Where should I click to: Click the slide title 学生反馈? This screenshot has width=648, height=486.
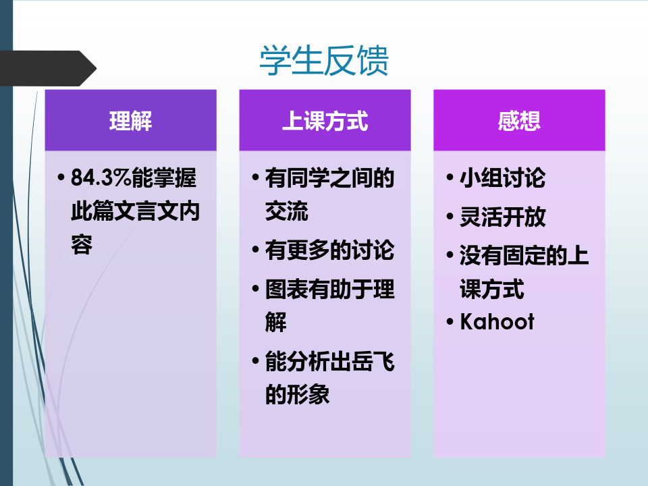pos(324,61)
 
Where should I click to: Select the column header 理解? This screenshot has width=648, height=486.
pos(130,121)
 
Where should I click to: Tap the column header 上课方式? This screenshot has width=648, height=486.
pos(325,121)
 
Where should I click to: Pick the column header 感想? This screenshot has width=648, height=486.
pos(519,121)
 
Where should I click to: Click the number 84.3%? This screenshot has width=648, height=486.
pos(101,178)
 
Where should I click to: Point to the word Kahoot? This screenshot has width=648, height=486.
pos(497,321)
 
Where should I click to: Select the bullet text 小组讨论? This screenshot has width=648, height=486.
pos(502,178)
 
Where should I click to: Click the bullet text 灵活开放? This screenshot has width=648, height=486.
pos(502,217)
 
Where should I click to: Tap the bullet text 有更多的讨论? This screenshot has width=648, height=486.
pos(330,250)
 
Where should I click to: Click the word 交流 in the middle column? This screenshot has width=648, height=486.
pos(286,211)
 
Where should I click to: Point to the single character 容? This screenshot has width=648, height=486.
pos(82,244)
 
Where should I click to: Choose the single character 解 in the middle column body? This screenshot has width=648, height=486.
pos(275,322)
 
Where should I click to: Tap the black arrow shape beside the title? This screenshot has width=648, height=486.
pos(48,68)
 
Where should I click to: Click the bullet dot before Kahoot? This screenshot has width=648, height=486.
pos(450,322)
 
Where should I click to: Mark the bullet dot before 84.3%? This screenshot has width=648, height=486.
pos(61,178)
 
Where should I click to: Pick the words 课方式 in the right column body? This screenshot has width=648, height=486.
pos(492,289)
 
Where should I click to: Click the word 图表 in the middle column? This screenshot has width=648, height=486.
pos(286,289)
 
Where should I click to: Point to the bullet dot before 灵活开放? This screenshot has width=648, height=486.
pos(450,217)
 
